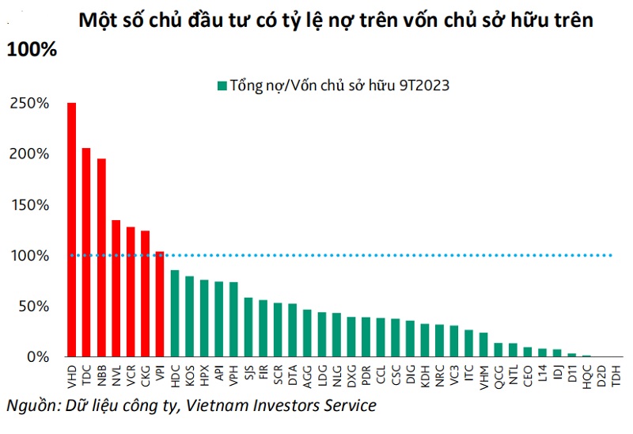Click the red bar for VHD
pyautogui.click(x=71, y=230)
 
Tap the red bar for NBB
pyautogui.click(x=101, y=257)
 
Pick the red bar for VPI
pyautogui.click(x=159, y=304)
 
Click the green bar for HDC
pyautogui.click(x=174, y=314)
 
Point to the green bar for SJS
pyautogui.click(x=248, y=327)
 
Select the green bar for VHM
pyautogui.click(x=483, y=345)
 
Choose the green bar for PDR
pyautogui.click(x=366, y=337)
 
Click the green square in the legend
pyautogui.click(x=222, y=85)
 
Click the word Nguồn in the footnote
pyautogui.click(x=28, y=406)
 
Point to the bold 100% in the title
pyautogui.click(x=32, y=49)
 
